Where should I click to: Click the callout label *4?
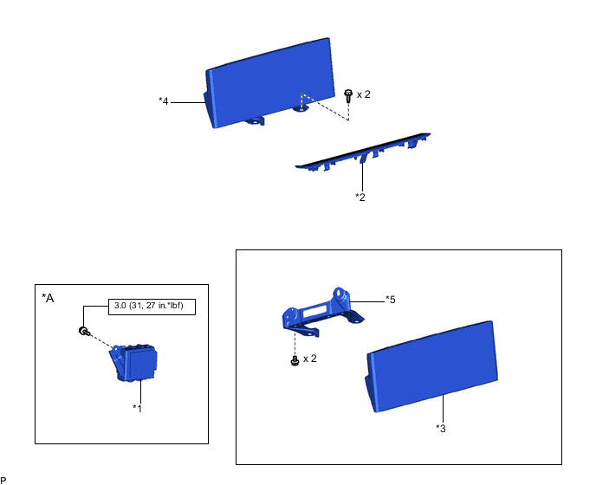[163, 101]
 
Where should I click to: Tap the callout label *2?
[360, 197]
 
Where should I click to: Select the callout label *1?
[138, 407]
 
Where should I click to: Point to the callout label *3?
[441, 428]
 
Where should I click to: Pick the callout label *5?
[391, 300]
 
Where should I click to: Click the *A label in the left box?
[48, 298]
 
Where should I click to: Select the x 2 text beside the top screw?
[364, 94]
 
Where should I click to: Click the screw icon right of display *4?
[347, 95]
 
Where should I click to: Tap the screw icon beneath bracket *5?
[295, 359]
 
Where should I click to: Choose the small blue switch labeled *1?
[133, 363]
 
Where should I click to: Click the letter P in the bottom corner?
[3, 479]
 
